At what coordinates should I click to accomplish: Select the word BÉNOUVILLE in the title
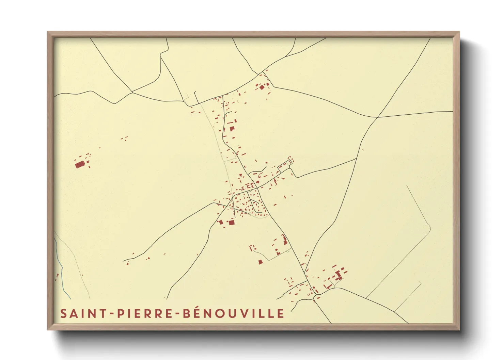click(x=234, y=313)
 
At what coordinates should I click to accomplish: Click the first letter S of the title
click(x=63, y=313)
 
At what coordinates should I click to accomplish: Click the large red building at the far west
click(x=80, y=165)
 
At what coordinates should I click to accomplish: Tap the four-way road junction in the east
click(x=377, y=117)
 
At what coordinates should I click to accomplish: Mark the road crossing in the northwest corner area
click(x=132, y=92)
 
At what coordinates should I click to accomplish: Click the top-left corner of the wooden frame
click(x=48, y=32)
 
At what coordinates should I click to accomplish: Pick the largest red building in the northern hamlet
click(x=262, y=87)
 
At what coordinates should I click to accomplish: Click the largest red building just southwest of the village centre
click(x=232, y=223)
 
